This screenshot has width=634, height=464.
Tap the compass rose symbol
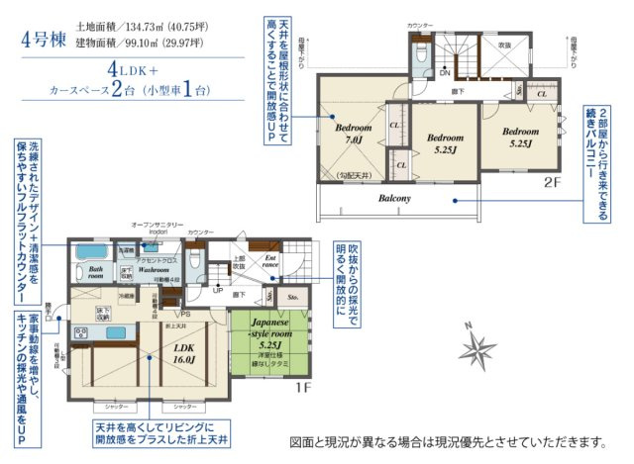479,346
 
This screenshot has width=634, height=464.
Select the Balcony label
407,198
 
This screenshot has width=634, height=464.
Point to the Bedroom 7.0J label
353,135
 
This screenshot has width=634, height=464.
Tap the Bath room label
95,272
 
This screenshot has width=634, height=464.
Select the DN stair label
445,73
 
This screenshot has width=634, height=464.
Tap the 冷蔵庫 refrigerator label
127,295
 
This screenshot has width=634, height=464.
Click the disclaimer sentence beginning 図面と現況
447,439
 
